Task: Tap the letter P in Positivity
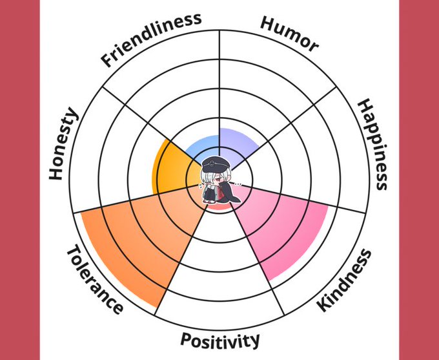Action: tap(185, 339)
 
